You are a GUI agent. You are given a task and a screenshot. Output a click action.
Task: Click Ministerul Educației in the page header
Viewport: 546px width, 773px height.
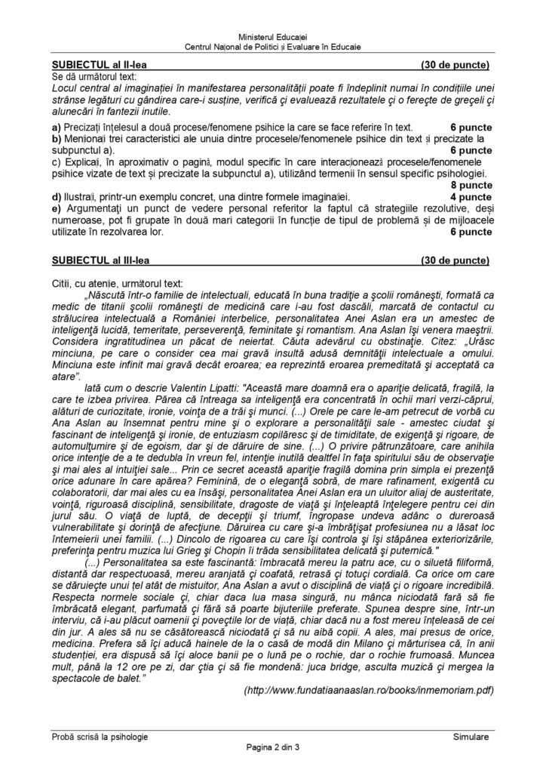point(272,37)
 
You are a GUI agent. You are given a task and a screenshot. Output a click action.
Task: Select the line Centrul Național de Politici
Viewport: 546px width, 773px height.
point(272,47)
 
